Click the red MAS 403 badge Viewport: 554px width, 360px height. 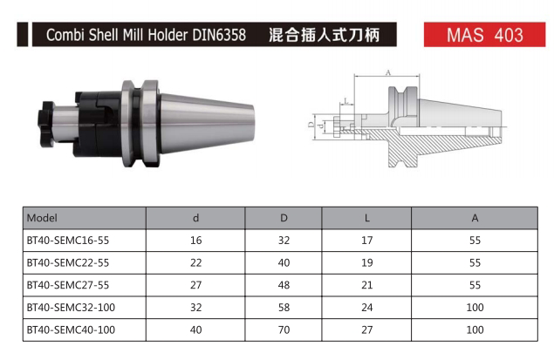tap(484, 35)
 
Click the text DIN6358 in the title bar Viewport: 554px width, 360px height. tap(219, 35)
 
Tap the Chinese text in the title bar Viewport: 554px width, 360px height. tap(324, 35)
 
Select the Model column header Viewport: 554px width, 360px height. tap(42, 218)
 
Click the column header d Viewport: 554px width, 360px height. tap(195, 218)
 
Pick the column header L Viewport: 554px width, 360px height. tap(366, 218)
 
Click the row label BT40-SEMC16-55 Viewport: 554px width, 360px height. tap(68, 241)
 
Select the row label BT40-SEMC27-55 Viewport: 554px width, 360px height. tap(68, 285)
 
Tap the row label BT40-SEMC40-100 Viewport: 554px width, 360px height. tap(71, 329)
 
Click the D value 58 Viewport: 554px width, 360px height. tap(284, 308)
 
